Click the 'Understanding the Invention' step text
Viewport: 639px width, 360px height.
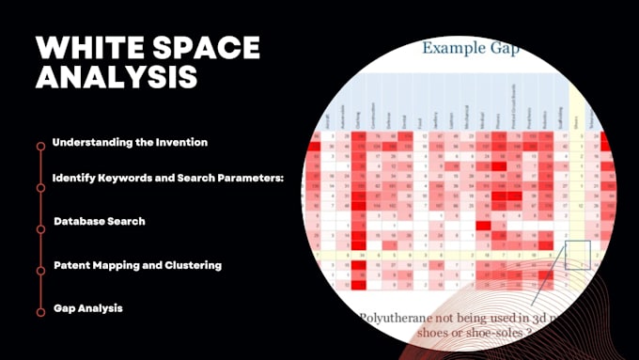(x=130, y=142)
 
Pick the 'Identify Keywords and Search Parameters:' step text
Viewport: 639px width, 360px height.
(x=168, y=178)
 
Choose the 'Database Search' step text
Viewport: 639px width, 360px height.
(x=100, y=222)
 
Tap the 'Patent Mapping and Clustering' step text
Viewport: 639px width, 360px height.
(x=137, y=265)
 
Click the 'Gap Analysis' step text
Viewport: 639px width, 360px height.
(x=88, y=308)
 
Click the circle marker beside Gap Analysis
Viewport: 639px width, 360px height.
(x=40, y=311)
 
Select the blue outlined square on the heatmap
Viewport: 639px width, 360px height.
(x=576, y=254)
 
